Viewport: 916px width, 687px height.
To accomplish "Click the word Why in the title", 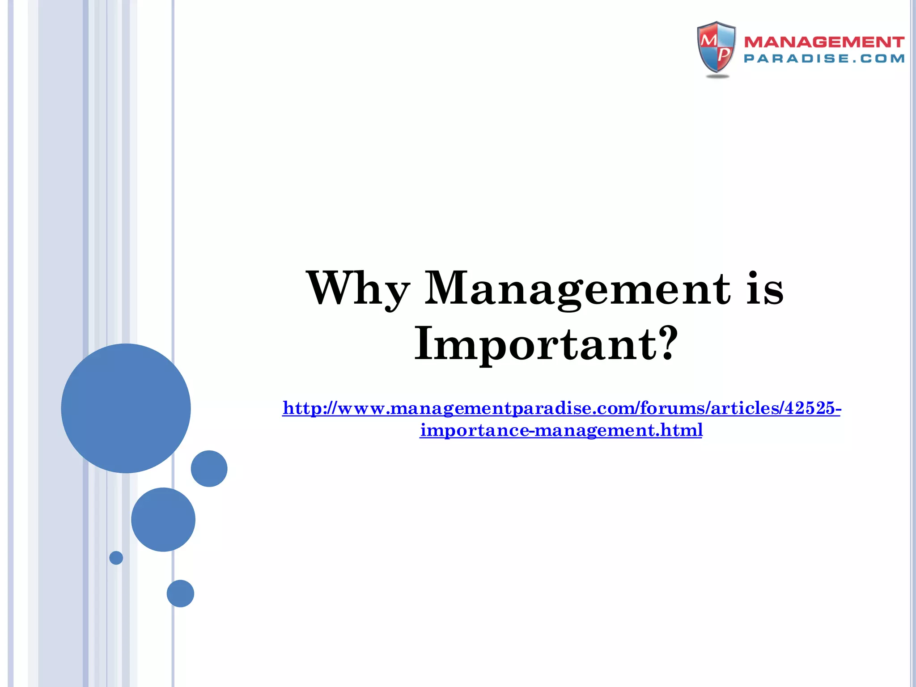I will coord(358,289).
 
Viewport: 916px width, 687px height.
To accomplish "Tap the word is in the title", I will coord(765,289).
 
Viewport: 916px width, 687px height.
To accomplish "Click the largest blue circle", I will coord(126,408).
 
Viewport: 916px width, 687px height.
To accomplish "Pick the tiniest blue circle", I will coord(116,558).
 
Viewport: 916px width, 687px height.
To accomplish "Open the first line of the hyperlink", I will coord(561,408).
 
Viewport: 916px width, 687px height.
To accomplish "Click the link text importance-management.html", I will coord(561,430).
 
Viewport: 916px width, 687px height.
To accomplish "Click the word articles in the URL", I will coord(745,408).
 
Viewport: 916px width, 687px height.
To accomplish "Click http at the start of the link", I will coord(302,408).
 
